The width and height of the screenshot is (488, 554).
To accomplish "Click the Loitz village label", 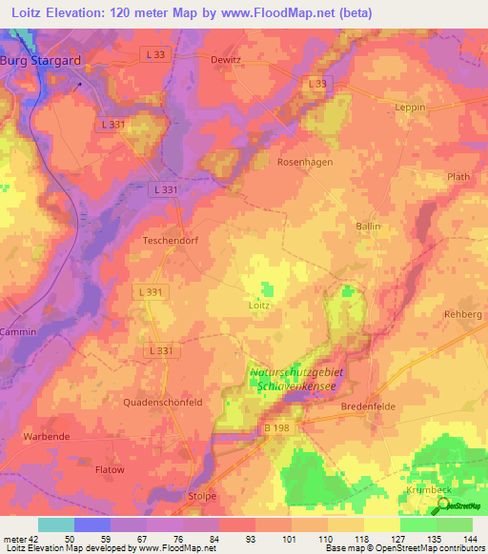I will (x=260, y=306).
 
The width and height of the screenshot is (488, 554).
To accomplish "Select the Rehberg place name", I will (x=463, y=314).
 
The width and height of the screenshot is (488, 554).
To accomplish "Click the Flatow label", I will (x=110, y=469).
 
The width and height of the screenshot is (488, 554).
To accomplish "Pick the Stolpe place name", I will (x=202, y=496).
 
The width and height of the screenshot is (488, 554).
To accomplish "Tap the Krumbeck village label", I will (x=420, y=489).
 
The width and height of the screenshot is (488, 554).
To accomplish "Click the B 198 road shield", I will (x=275, y=429).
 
